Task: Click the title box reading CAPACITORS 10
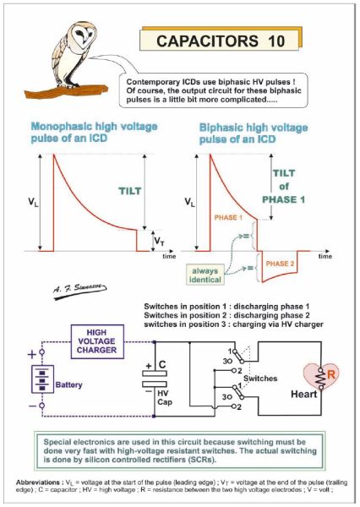[x=220, y=41]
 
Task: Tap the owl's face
[x=84, y=35]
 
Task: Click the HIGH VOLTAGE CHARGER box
[x=97, y=341]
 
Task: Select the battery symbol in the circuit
[x=42, y=379]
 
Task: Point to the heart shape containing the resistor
[x=321, y=376]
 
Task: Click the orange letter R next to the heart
[x=331, y=374]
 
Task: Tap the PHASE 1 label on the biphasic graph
[x=228, y=217]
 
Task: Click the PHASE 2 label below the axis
[x=280, y=264]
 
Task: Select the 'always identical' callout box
[x=205, y=275]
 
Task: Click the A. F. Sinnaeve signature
[x=80, y=289]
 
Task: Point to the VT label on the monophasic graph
[x=159, y=241]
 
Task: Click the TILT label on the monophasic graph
[x=130, y=191]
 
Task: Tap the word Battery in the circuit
[x=69, y=384]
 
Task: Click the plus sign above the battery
[x=32, y=355]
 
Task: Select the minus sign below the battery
[x=33, y=406]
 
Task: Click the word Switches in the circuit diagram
[x=260, y=379]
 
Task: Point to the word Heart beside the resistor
[x=303, y=394]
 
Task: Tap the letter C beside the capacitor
[x=162, y=365]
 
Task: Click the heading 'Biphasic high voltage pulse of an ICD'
[x=254, y=134]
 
